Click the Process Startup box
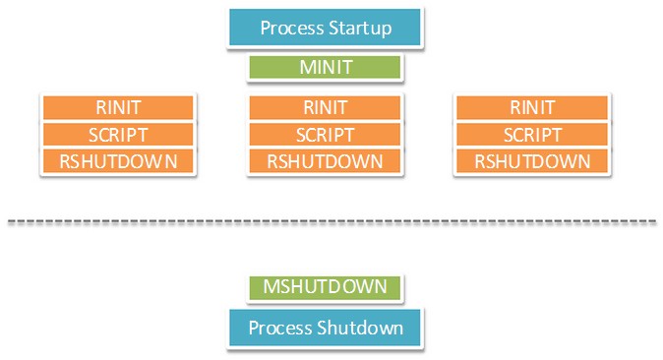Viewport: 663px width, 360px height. [326, 28]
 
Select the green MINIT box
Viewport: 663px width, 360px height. [326, 68]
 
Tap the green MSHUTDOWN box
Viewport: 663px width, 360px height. [326, 287]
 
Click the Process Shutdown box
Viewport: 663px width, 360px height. [326, 328]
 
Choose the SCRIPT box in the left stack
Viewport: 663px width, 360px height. [118, 135]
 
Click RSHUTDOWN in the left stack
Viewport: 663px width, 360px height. [118, 161]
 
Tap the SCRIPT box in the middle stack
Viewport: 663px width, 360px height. [326, 135]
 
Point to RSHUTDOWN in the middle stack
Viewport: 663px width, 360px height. [326, 161]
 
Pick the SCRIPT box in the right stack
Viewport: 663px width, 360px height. [532, 135]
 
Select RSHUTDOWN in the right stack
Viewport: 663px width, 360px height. [532, 161]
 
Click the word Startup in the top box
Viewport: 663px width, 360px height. [358, 29]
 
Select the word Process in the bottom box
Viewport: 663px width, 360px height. [280, 328]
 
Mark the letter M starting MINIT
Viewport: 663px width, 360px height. [307, 68]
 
